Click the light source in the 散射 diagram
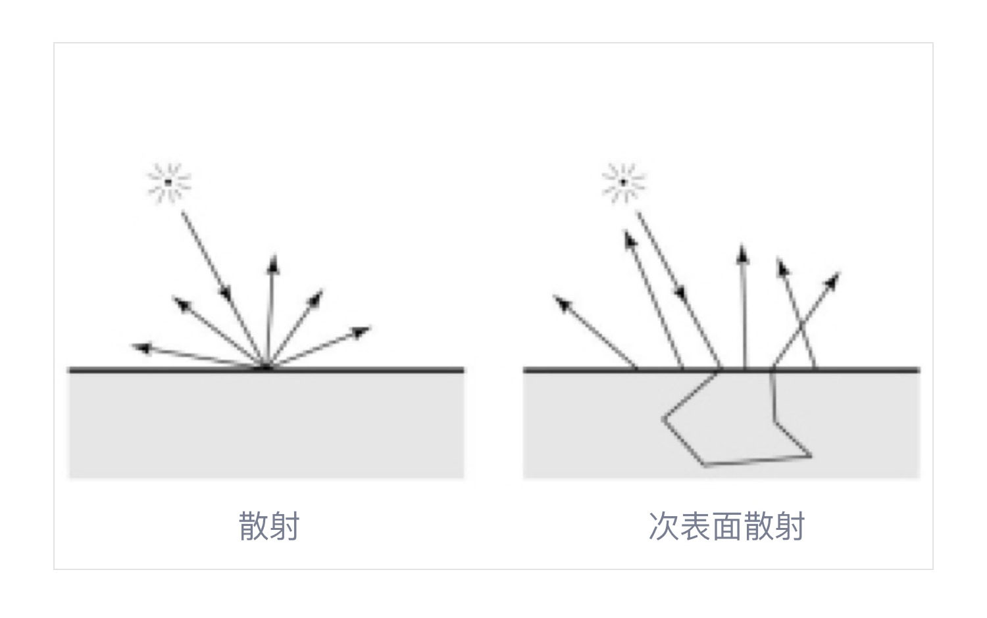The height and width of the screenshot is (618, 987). [x=168, y=182]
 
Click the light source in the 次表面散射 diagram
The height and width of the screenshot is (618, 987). [x=623, y=182]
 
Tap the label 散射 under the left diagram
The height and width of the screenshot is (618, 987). [x=268, y=526]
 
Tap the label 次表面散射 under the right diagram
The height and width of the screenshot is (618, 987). [x=726, y=526]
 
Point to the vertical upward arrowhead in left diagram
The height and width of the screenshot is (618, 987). [x=274, y=264]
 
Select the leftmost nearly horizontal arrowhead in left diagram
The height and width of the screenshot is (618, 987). [x=142, y=348]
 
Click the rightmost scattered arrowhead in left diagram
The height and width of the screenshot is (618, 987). [x=361, y=332]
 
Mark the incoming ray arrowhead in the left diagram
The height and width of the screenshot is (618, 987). [x=226, y=293]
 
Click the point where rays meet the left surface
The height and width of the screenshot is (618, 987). [x=266, y=367]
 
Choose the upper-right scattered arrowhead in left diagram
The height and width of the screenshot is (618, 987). [x=315, y=298]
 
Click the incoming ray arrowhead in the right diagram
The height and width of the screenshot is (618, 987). [x=681, y=293]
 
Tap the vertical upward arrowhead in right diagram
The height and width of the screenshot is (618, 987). [x=742, y=254]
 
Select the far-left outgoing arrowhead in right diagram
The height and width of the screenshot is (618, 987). [x=563, y=303]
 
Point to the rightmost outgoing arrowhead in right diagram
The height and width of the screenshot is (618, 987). [x=832, y=281]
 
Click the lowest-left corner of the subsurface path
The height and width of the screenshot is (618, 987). [x=704, y=465]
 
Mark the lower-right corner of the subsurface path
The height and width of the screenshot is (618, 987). [x=811, y=456]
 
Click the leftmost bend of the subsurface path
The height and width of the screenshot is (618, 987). [x=663, y=419]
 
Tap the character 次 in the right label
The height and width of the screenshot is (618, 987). [x=663, y=526]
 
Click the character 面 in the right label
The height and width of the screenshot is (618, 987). [x=726, y=526]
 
